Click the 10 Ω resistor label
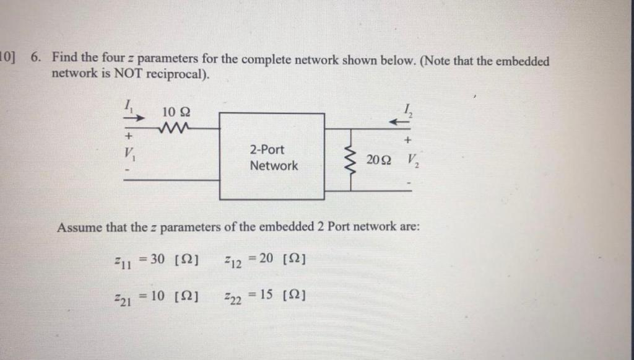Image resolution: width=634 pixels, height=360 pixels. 176,113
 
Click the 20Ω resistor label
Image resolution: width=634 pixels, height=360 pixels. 378,160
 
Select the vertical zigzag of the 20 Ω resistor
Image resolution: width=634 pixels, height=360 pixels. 352,162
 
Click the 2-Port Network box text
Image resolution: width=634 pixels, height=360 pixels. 273,158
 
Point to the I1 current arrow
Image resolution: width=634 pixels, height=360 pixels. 136,117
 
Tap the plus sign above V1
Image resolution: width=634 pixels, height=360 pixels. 129,134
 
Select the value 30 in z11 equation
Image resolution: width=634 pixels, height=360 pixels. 157,258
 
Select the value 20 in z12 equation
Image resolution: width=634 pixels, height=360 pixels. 266,258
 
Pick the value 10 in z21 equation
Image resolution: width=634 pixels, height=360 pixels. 157,296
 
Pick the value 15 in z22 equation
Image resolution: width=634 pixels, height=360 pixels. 266,296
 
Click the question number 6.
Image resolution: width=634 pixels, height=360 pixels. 36,59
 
